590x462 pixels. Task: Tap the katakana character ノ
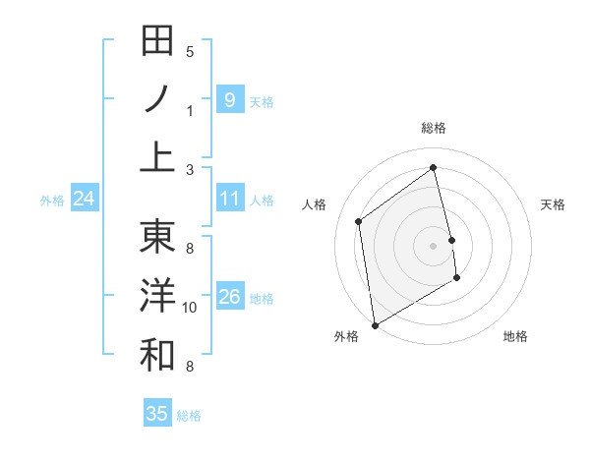point(157,99)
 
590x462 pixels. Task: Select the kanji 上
point(157,157)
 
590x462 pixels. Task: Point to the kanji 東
point(157,237)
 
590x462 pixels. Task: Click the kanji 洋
point(157,296)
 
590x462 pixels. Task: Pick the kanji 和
point(157,355)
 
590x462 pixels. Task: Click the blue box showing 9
point(229,99)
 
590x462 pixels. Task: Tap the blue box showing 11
point(229,199)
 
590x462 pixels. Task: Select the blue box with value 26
point(229,297)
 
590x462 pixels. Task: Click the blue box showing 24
point(84,200)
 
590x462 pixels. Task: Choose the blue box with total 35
point(157,414)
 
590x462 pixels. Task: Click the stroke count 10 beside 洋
point(191,308)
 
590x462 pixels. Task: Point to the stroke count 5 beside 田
point(190,51)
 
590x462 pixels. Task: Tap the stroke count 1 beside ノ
point(190,110)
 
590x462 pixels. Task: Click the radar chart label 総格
point(434,128)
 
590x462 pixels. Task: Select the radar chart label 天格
point(553,204)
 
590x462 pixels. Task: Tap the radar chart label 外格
point(346,336)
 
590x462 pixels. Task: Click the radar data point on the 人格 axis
point(359,221)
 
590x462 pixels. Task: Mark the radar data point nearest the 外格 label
point(375,324)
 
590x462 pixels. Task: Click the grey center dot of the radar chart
point(434,245)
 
